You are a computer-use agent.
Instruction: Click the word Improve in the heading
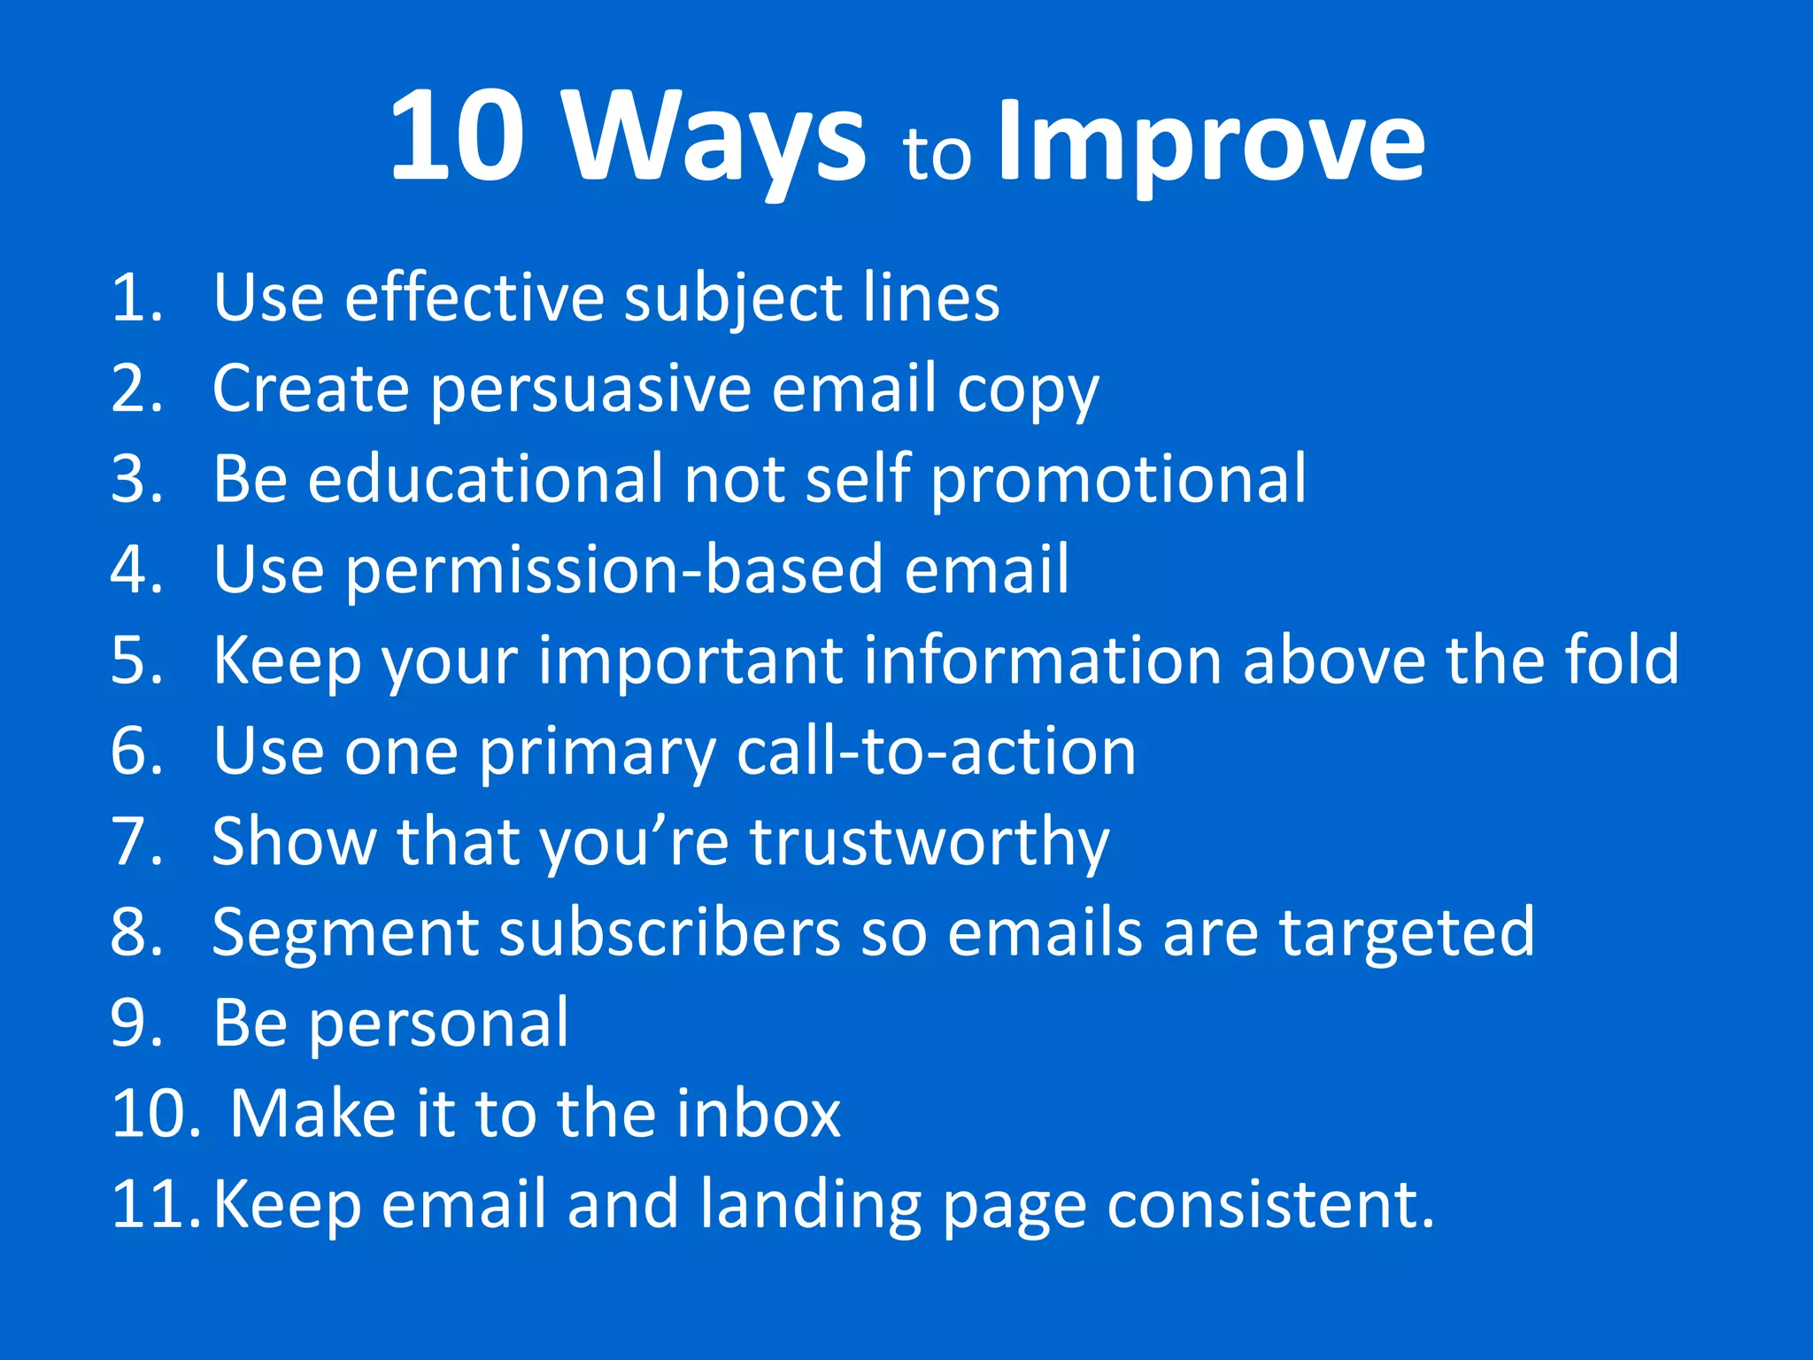click(1210, 142)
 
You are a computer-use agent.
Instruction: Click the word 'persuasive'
click(590, 390)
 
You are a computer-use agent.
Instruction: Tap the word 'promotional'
click(1118, 481)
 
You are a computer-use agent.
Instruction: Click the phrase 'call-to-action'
click(936, 752)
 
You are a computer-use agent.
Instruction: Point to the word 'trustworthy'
click(929, 843)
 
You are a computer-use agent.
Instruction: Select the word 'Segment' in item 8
click(345, 935)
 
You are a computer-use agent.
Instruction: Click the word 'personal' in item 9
click(439, 1025)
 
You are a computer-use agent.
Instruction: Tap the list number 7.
click(137, 842)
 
